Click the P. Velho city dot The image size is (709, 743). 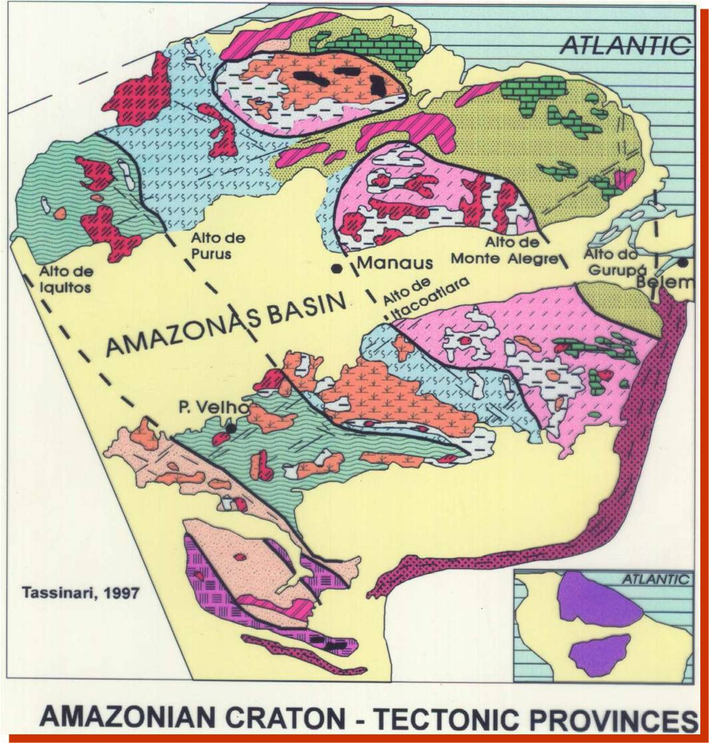[x=231, y=428]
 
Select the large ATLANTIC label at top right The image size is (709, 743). [x=624, y=45]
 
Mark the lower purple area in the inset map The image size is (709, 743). [x=599, y=654]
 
